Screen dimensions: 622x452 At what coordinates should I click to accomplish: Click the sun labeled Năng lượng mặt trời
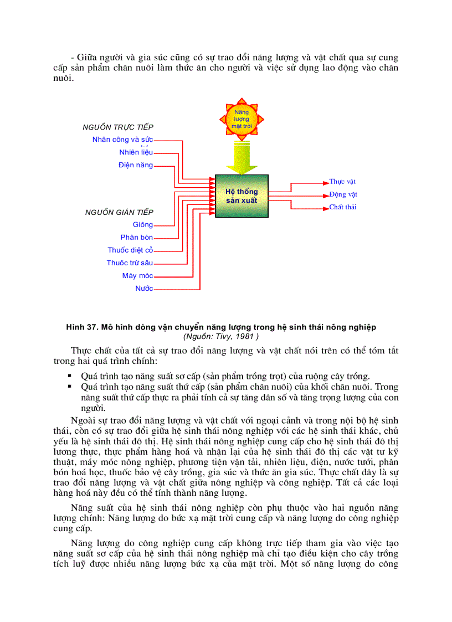(242, 119)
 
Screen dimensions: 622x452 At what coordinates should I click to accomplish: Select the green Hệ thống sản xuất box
(242, 196)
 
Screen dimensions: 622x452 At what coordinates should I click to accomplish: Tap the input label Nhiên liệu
(136, 152)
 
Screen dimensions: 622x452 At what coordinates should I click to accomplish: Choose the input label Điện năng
(135, 165)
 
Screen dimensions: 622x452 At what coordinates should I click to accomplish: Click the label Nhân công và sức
(122, 140)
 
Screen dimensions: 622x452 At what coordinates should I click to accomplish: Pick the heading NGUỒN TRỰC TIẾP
(118, 127)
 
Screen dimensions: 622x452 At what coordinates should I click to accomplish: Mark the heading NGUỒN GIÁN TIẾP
(119, 212)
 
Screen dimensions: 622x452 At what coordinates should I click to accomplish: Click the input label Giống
(143, 225)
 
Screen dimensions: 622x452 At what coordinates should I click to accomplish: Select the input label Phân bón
(136, 238)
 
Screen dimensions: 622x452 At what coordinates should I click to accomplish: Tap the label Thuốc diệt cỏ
(130, 250)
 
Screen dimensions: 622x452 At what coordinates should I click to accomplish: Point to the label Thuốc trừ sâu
(130, 263)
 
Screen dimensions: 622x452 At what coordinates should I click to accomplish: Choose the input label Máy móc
(137, 276)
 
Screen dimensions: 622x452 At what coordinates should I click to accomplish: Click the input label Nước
(144, 289)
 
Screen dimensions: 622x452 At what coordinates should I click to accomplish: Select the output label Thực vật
(342, 182)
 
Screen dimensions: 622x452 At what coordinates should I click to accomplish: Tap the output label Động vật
(343, 194)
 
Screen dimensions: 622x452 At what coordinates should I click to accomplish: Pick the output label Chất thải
(343, 207)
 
